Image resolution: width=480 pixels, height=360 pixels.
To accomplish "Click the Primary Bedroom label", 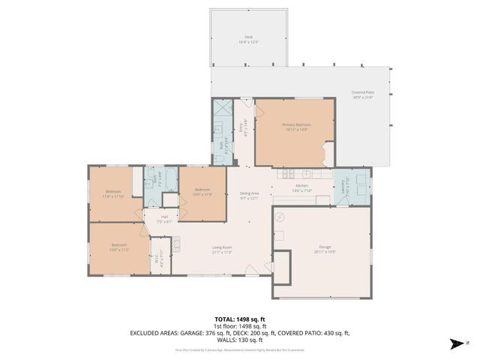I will (296, 127).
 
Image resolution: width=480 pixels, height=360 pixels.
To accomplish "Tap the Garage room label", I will (325, 248).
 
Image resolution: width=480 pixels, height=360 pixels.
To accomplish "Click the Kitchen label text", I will (301, 187).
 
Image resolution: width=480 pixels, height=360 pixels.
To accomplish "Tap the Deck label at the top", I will (248, 39).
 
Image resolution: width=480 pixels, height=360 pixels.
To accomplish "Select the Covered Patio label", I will (363, 95).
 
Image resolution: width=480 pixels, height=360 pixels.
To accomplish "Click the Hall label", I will (164, 219).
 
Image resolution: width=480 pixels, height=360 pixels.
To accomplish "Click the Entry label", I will (241, 130).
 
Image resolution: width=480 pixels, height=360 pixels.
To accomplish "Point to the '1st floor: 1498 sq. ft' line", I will (240, 326).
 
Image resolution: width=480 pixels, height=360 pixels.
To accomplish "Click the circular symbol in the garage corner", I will (279, 217).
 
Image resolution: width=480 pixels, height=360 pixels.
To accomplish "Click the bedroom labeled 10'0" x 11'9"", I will (203, 193).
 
